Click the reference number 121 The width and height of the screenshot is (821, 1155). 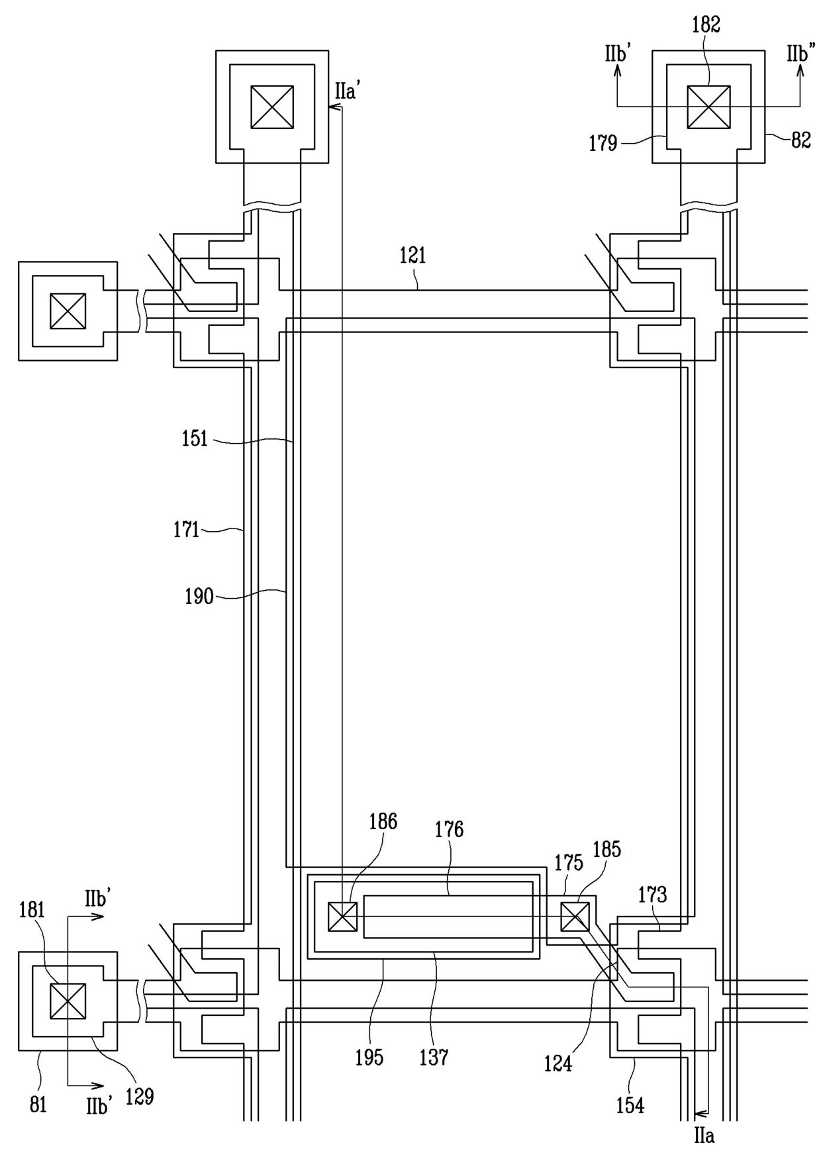tap(412, 256)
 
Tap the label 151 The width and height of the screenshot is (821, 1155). tap(195, 439)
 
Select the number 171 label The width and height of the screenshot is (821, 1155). tap(186, 530)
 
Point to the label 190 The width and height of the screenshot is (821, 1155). tap(199, 596)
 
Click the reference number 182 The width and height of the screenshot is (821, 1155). tap(706, 25)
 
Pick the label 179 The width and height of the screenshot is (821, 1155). tap(603, 143)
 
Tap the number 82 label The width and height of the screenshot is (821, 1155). tap(801, 140)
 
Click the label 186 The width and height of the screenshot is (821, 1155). tap(383, 821)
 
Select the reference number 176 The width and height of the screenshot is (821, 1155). tap(449, 829)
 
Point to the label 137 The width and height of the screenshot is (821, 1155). tap(434, 1058)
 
